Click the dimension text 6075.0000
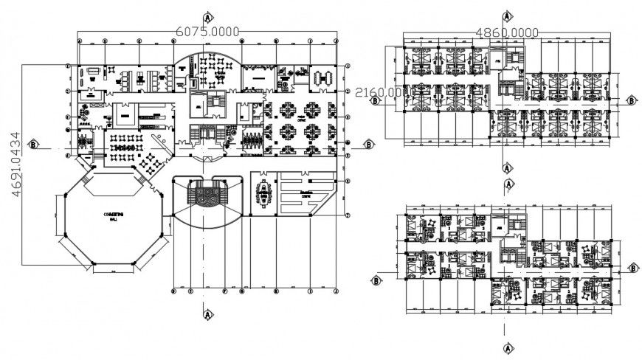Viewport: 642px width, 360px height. [209, 30]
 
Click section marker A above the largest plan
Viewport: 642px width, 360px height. [209, 15]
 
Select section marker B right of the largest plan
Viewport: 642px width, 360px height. [367, 145]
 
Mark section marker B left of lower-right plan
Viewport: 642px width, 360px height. [376, 280]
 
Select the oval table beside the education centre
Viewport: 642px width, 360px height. [263, 193]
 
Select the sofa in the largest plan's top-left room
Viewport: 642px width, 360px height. [94, 71]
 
